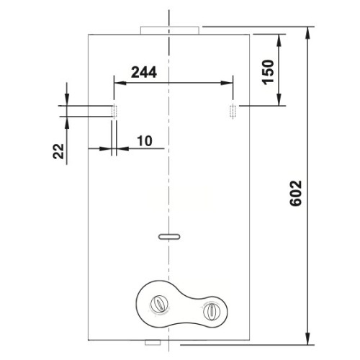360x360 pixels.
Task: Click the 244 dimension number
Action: (144, 72)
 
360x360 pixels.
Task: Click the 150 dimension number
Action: (268, 71)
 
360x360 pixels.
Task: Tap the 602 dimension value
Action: (295, 193)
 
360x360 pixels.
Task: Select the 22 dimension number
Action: (58, 151)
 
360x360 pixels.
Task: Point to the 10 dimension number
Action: (145, 141)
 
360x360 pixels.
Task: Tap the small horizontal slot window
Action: (169, 237)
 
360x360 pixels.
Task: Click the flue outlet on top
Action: (170, 30)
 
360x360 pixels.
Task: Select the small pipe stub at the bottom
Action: (153, 343)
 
